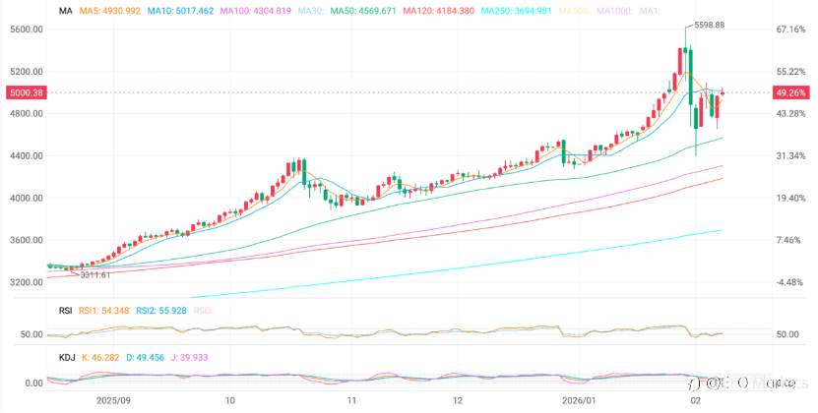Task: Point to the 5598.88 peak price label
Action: coord(709,25)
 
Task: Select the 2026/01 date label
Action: coord(579,400)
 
